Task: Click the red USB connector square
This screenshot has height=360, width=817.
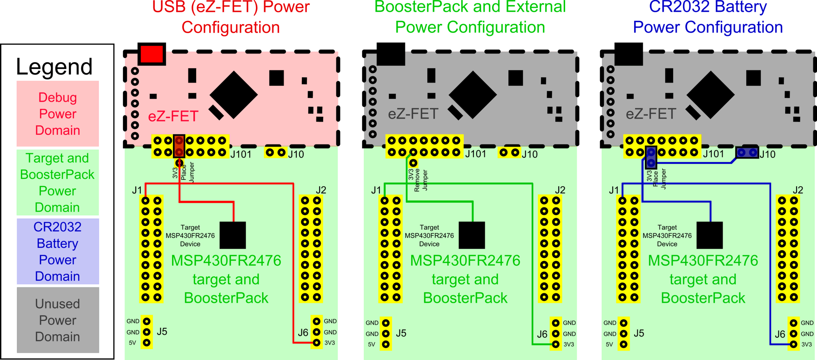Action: pos(152,54)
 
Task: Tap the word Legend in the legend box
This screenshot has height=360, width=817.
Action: pos(54,67)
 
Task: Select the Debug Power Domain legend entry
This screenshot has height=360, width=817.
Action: pos(58,113)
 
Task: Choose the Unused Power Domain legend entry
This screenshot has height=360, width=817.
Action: pos(58,320)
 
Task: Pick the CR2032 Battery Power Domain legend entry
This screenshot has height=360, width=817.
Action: pos(58,252)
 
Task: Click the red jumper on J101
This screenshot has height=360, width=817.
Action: pos(179,146)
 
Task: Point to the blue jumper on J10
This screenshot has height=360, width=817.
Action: pos(747,153)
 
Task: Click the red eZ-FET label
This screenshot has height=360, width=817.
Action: pos(173,117)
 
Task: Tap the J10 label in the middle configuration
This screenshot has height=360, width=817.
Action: pos(530,154)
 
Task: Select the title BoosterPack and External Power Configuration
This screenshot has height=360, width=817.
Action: pos(470,17)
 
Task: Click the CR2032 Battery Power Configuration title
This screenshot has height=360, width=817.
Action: pos(708,17)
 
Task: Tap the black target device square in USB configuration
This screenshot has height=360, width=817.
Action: pos(232,235)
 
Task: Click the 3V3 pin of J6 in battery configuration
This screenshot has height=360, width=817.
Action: pos(793,345)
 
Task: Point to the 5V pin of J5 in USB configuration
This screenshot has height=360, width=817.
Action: pos(147,343)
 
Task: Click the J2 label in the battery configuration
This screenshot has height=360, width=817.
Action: pos(797,190)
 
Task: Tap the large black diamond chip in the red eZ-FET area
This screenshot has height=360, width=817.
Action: pos(233,94)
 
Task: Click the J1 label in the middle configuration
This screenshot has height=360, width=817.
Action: pos(376,190)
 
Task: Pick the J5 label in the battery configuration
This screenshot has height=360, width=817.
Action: pos(639,333)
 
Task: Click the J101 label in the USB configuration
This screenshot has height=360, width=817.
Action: pos(241,154)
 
